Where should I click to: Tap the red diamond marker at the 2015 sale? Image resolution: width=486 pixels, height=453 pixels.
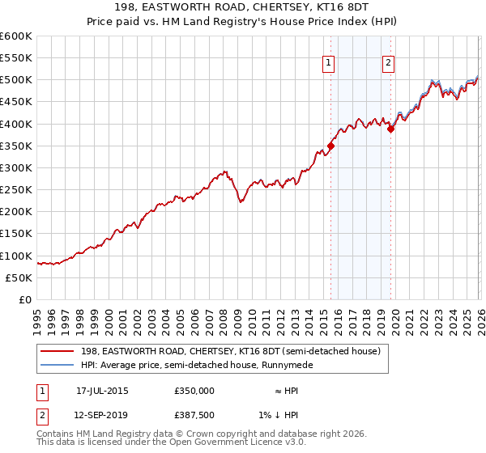[330, 146]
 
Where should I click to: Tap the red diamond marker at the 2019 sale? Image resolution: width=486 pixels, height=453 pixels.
[390, 129]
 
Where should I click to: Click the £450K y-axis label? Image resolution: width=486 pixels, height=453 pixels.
[16, 102]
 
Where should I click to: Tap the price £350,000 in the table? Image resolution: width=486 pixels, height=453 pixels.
[194, 391]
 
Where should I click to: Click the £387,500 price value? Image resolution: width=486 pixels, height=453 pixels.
[194, 414]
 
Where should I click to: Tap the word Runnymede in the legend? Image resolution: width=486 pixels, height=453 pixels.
[285, 365]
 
